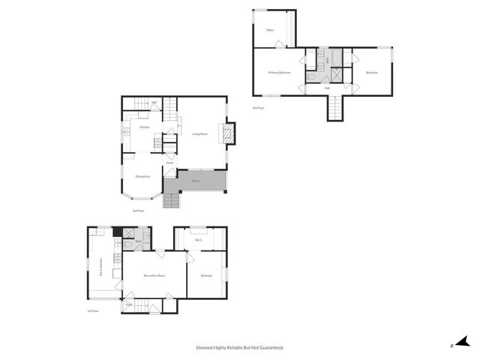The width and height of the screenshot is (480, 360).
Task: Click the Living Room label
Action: [199, 134]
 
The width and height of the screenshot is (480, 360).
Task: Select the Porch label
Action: [195, 181]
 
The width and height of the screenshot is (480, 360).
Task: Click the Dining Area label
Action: [142, 176]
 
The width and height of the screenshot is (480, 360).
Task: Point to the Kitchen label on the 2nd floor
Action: [145, 127]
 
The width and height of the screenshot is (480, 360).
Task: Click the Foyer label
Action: [170, 162]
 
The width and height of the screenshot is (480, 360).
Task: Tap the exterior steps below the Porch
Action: [172, 200]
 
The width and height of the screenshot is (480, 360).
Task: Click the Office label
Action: [270, 30]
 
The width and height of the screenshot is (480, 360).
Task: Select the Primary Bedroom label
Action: [280, 73]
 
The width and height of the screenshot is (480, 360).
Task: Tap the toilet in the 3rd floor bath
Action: [311, 77]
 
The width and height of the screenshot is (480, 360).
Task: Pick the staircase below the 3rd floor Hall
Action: [334, 107]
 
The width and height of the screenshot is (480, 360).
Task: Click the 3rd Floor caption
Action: [258, 108]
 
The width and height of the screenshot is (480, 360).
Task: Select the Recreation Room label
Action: [154, 275]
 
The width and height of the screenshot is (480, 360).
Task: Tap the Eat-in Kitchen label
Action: [101, 268]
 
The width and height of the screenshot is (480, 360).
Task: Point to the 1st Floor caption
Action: [92, 310]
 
